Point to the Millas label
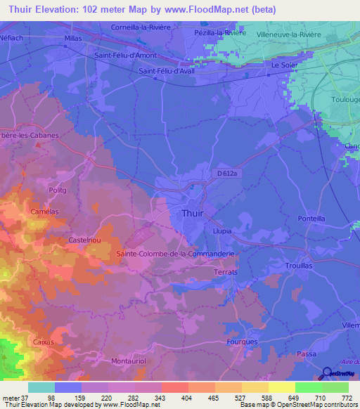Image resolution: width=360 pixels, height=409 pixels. point(73,39)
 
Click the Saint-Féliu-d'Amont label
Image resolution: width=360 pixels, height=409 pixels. point(124,54)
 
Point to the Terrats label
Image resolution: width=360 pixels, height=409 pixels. point(226,269)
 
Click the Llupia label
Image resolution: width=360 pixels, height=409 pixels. point(222,230)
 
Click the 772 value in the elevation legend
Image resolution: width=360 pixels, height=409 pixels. point(345,398)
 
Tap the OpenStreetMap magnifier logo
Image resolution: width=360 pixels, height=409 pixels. point(327,372)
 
